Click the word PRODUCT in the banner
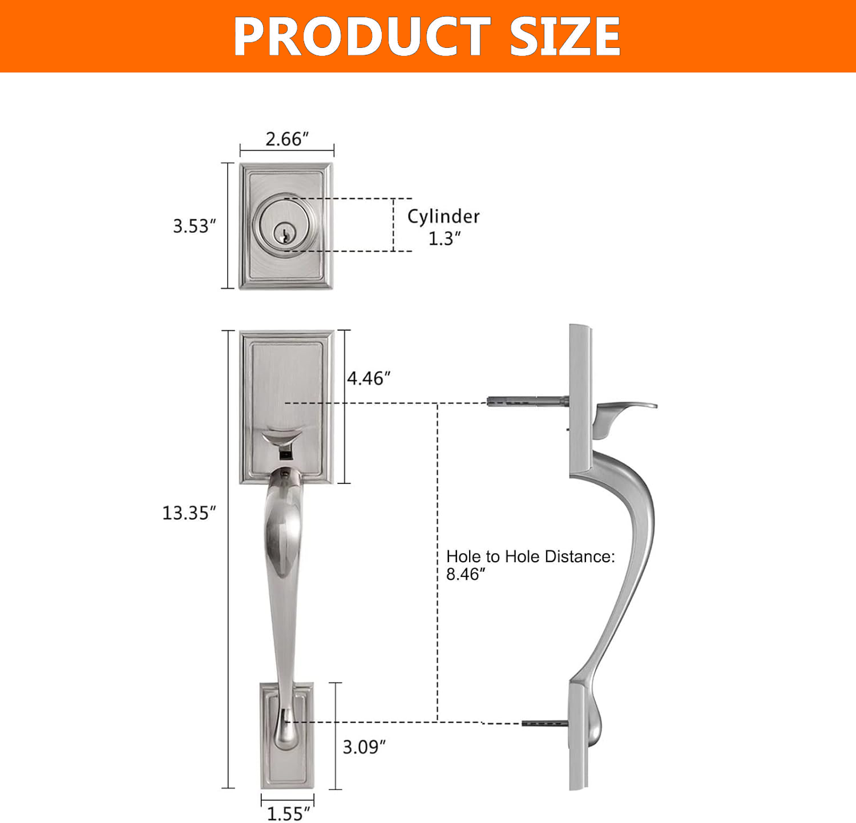coord(362,37)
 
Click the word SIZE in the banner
coord(565,37)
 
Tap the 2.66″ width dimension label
coord(287,139)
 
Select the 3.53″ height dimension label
coord(195,226)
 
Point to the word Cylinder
coord(443,216)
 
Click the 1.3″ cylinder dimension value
coord(445,239)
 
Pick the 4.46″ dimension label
coord(369,378)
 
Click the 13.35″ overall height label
coord(189,513)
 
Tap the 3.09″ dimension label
coord(364,747)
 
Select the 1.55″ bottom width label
coord(289,813)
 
